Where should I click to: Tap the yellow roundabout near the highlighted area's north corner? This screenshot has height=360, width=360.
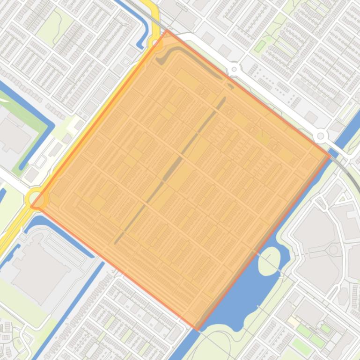[x=155, y=43]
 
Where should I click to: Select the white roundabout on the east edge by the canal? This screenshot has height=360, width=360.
[x=321, y=136]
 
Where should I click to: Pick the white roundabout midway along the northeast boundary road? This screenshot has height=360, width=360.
[x=234, y=70]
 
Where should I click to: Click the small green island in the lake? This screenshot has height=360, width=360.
[x=269, y=259]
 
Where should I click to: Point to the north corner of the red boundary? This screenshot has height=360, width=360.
[x=167, y=30]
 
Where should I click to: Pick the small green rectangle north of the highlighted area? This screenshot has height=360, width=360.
[x=260, y=46]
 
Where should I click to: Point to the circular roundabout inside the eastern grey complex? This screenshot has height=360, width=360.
[x=333, y=250]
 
